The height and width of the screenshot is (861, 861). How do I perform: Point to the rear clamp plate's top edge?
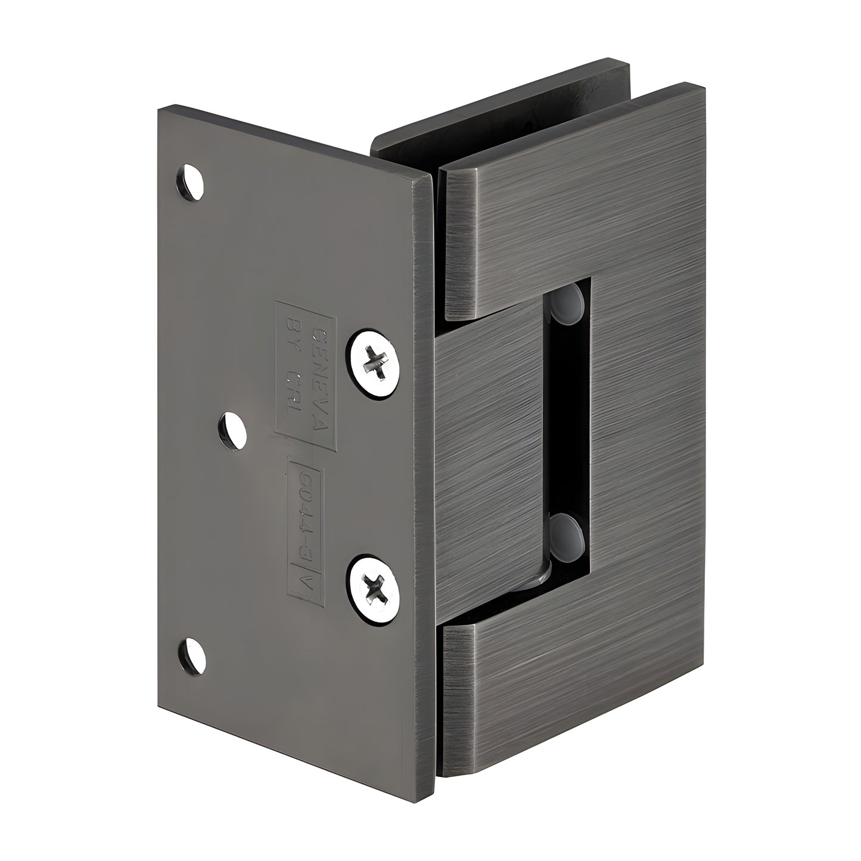[501, 101]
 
